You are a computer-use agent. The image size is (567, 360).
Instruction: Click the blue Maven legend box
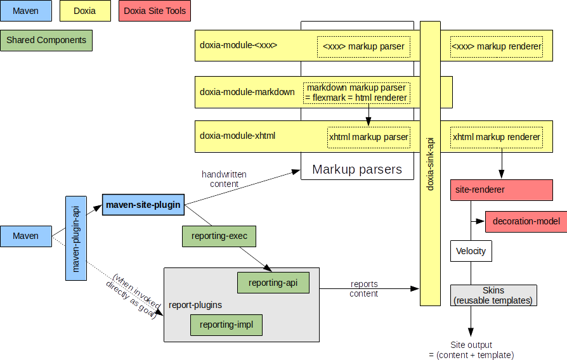click(x=25, y=11)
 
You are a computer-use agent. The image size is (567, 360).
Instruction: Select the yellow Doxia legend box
click(x=84, y=11)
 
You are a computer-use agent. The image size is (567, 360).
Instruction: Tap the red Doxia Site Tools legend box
click(x=155, y=11)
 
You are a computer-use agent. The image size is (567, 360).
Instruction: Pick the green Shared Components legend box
click(x=46, y=41)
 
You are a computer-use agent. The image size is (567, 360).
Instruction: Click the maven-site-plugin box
click(x=143, y=205)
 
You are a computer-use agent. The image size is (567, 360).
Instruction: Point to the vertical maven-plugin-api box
click(x=76, y=238)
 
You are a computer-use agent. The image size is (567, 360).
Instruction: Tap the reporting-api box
click(x=273, y=283)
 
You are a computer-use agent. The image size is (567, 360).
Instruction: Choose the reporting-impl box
click(x=226, y=325)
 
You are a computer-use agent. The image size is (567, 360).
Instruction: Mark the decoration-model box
click(x=526, y=221)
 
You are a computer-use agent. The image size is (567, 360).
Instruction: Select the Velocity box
click(x=471, y=251)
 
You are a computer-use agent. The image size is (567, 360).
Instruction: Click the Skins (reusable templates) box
click(x=493, y=295)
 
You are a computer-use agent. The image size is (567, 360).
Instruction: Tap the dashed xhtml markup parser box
click(x=368, y=137)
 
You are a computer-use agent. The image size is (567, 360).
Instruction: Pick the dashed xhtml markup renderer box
click(x=496, y=137)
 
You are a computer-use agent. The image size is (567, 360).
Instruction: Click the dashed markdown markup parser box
click(x=356, y=93)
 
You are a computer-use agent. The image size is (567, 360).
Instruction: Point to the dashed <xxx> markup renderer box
click(x=496, y=46)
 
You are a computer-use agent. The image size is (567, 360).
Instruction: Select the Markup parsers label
click(x=357, y=169)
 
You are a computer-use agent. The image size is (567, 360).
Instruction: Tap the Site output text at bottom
click(x=471, y=350)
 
